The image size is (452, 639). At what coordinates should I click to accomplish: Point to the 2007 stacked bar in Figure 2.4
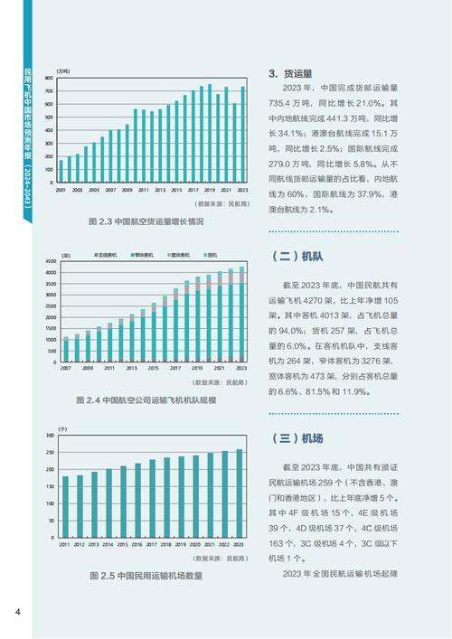tap(66, 350)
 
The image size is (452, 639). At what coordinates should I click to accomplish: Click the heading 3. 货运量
tap(291, 73)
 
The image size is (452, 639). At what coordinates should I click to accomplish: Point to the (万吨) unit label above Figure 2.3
tap(63, 70)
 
